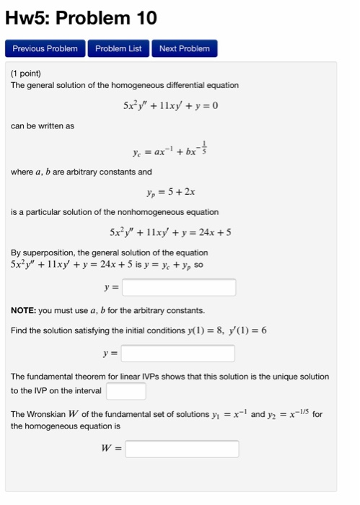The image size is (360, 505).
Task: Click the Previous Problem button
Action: (45, 48)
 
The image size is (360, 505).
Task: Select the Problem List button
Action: (118, 48)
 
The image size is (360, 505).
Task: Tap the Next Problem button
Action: (184, 48)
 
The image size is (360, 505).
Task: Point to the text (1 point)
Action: (26, 74)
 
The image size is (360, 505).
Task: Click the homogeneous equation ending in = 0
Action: (170, 105)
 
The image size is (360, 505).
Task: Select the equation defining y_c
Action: (170, 151)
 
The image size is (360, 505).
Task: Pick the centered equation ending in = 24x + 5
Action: (170, 232)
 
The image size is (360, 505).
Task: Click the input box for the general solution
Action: (179, 287)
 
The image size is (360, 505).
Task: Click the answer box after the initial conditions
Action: (177, 353)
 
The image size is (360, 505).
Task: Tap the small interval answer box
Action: (126, 391)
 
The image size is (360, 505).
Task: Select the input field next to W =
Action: (182, 449)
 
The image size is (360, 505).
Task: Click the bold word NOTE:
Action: (23, 310)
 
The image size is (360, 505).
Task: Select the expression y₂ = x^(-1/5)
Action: (289, 414)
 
